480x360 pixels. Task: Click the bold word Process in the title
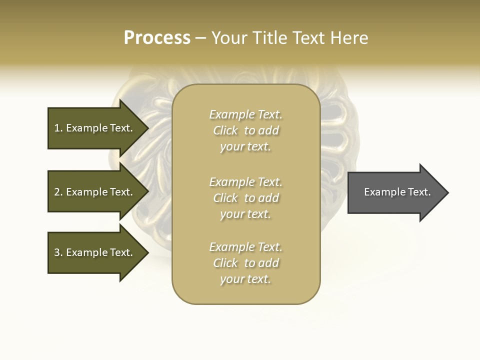[x=157, y=38]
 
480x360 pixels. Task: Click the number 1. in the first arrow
[x=58, y=128]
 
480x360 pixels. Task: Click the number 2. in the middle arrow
[x=58, y=192]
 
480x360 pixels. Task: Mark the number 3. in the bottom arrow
[x=58, y=252]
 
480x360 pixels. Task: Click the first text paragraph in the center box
[x=246, y=130]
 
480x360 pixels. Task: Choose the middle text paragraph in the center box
[x=246, y=198]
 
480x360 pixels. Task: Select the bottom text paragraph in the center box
[x=246, y=263]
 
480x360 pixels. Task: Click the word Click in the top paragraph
[x=225, y=130]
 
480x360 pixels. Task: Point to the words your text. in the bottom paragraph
[x=245, y=279]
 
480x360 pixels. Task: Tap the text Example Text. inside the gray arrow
[x=397, y=192]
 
